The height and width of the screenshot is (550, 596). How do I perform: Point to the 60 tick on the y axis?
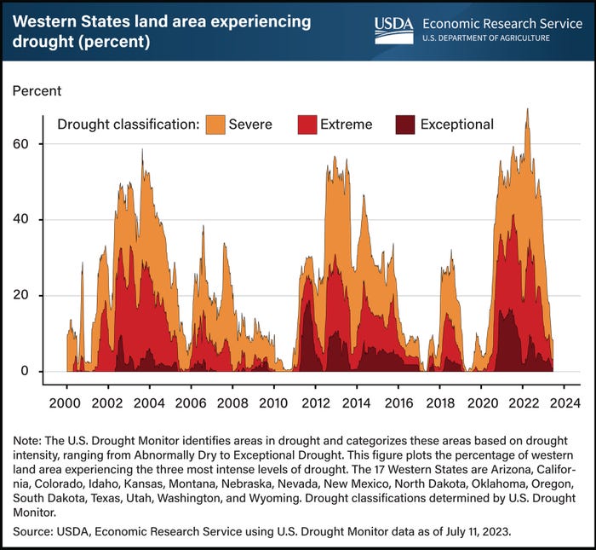coord(43,144)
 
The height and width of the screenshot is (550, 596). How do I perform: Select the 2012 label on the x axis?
coord(316,403)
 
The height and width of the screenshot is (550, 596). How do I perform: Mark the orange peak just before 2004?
coord(142,151)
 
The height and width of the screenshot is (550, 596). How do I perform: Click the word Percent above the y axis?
coord(36,89)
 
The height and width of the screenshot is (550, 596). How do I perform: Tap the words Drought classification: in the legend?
coord(128,124)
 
